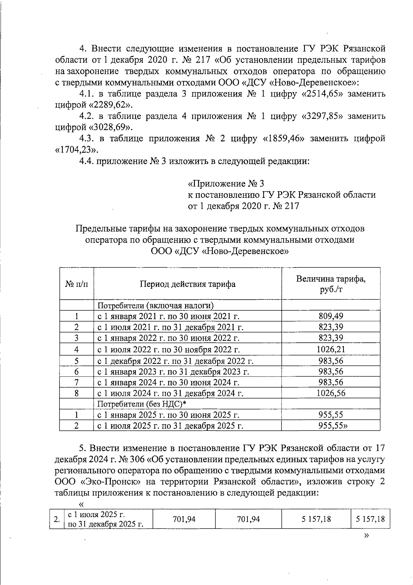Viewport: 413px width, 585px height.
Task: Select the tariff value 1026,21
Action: pos(331,349)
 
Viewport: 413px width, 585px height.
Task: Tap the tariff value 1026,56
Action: pos(331,393)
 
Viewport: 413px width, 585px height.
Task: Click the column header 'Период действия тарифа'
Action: pos(188,284)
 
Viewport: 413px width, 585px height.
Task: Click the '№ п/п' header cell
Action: pos(76,284)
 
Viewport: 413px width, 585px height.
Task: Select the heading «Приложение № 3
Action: pos(226,183)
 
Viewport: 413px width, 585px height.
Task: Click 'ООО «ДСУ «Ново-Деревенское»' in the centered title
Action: pos(220,251)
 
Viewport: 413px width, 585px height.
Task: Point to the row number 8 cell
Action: pos(76,393)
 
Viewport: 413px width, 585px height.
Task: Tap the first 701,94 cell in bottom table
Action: pos(184,519)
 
